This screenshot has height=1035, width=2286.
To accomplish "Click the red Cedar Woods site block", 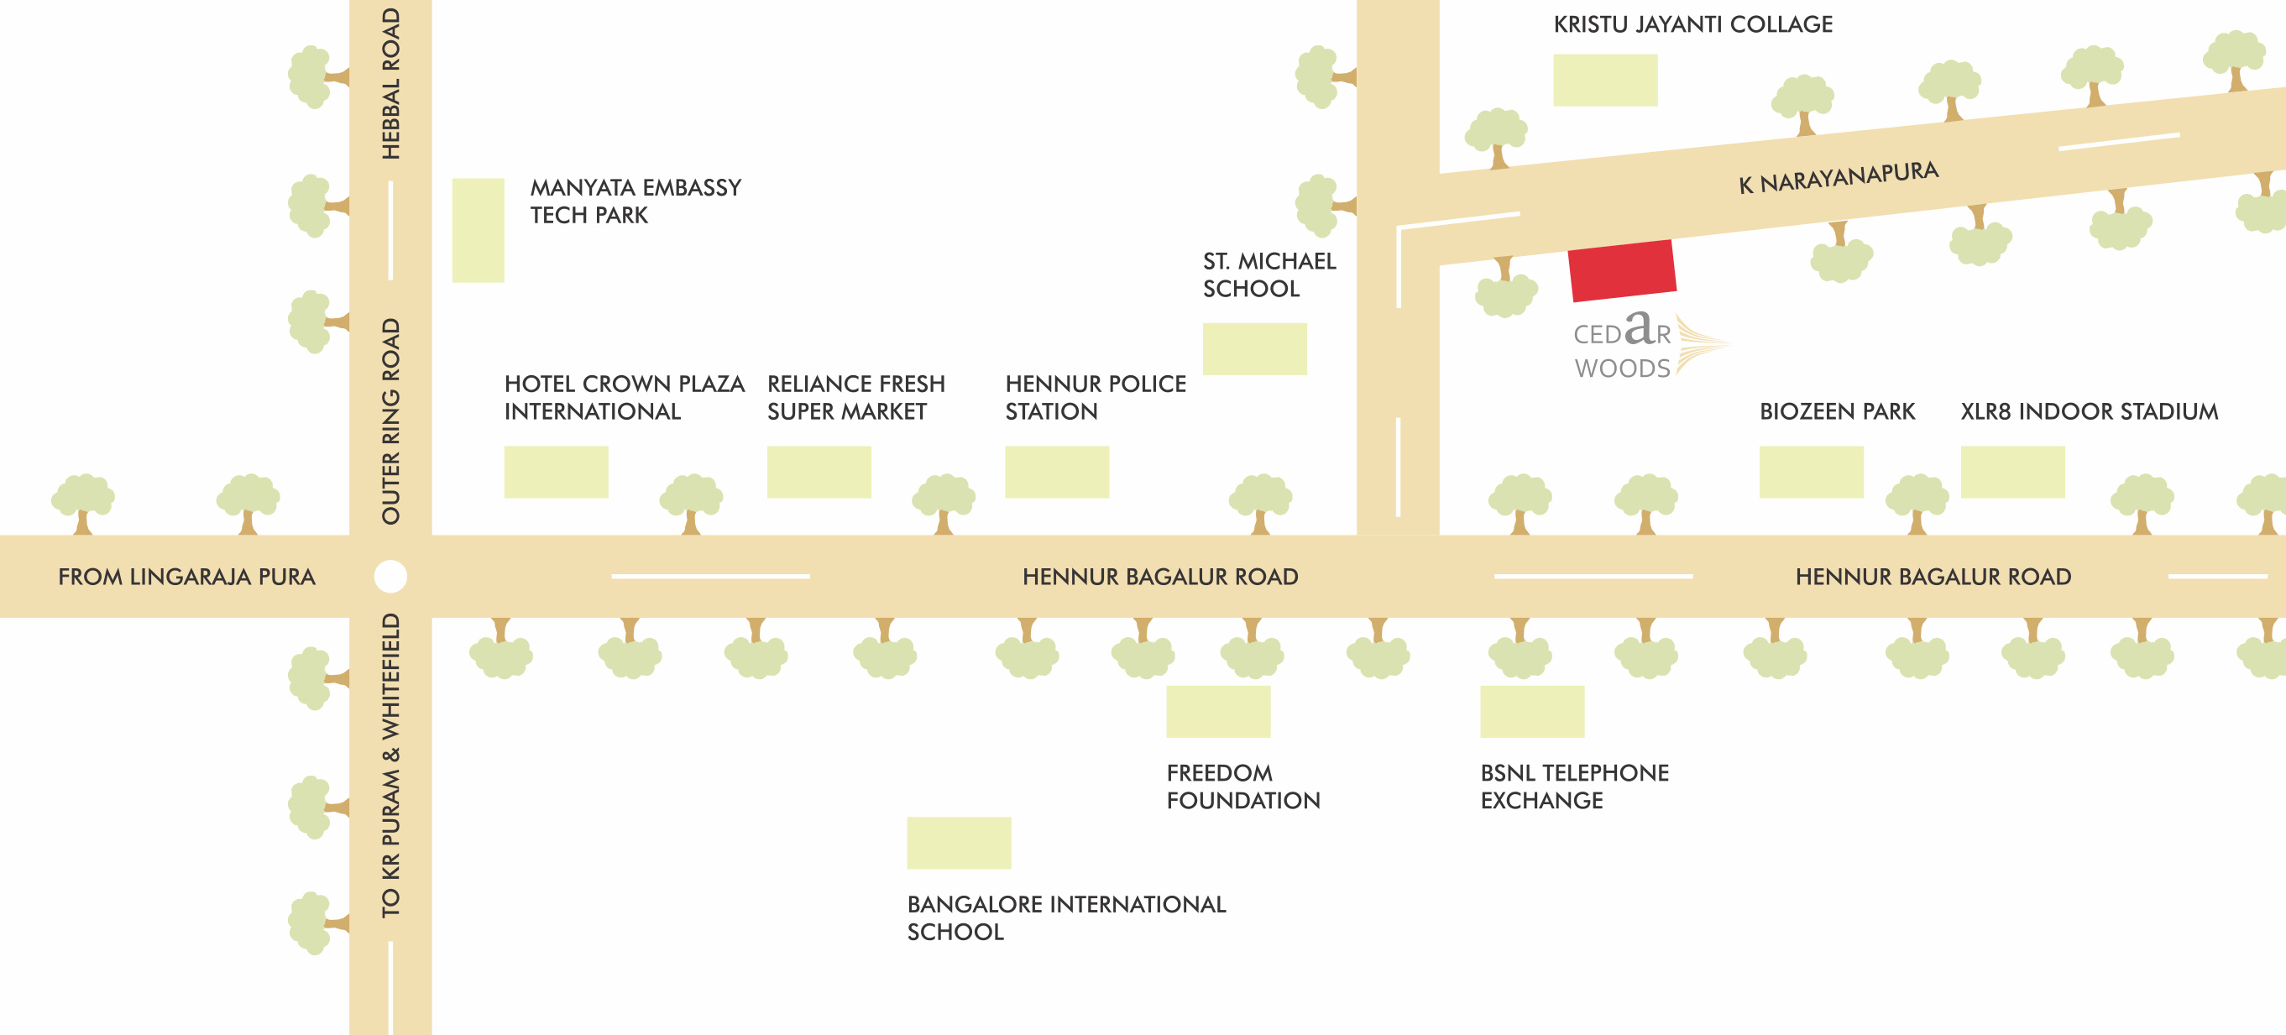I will point(1621,269).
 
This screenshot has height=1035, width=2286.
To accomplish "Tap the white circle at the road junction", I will point(390,577).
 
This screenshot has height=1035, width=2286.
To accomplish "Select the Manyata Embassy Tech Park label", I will point(635,201).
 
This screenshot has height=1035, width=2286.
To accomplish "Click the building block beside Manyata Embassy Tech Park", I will point(478,231).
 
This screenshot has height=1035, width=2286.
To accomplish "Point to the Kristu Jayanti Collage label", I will point(1692,25).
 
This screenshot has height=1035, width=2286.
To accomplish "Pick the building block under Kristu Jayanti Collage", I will point(1604,80).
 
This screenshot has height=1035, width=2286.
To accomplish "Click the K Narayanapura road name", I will point(1838,177).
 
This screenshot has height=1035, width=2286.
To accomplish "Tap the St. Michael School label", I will point(1269,274).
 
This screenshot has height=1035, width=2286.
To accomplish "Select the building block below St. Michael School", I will point(1254,349).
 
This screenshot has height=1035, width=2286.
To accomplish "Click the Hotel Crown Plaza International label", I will point(623,398).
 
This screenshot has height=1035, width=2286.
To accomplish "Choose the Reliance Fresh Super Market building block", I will point(819,473).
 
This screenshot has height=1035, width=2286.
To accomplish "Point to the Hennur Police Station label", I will point(1094,398).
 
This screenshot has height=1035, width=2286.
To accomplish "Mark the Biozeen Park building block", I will point(1810,473).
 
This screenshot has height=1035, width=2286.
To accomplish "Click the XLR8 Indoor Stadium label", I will point(2089,412).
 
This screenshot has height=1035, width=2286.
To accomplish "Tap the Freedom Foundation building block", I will point(1217,711).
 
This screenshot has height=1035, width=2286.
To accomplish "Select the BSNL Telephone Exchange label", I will point(1573,787).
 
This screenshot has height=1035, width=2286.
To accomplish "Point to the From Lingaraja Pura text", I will point(186,577).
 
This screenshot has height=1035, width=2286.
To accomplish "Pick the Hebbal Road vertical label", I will point(390,84).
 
